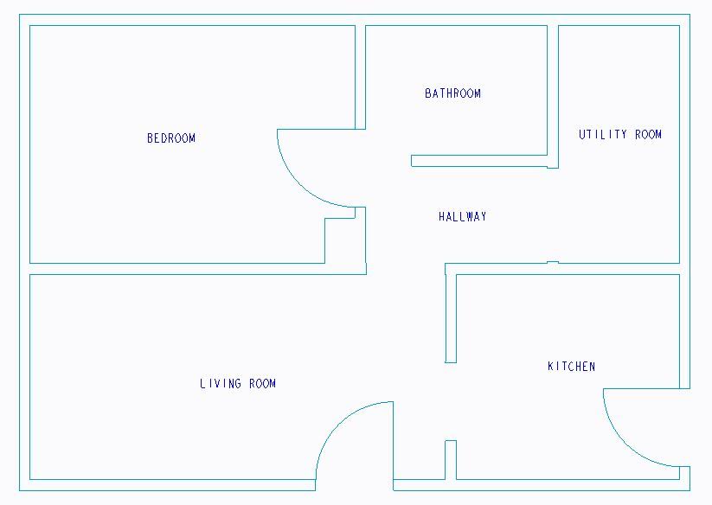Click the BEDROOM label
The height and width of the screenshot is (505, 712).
tap(171, 138)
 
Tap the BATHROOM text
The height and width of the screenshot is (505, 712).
tap(452, 93)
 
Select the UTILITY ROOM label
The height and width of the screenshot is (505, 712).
tap(620, 135)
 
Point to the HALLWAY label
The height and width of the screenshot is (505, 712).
tap(463, 217)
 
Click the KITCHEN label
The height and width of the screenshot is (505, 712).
tap(571, 367)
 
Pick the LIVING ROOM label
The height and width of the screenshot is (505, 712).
tap(238, 384)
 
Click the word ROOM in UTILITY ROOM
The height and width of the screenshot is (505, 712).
tap(648, 135)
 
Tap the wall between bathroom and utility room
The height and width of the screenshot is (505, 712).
tap(553, 95)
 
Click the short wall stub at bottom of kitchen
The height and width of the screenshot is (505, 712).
tap(450, 459)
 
